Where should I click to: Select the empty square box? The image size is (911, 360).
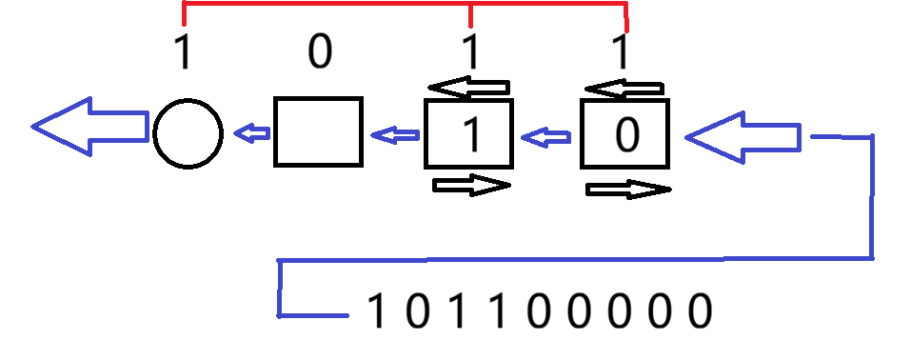[318, 98]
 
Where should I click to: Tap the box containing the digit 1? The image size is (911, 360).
[469, 100]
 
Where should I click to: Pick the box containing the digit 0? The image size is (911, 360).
[624, 100]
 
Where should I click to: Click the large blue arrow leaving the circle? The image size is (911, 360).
[90, 127]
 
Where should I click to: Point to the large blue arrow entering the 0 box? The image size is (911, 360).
[743, 137]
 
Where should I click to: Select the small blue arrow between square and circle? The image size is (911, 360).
[251, 133]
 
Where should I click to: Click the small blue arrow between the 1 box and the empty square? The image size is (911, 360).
[395, 135]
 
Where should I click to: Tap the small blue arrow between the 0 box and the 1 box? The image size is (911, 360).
[546, 137]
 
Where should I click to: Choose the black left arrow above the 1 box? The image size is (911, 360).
[468, 88]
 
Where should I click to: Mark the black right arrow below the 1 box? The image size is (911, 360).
[471, 185]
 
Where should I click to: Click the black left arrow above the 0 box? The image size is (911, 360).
[624, 89]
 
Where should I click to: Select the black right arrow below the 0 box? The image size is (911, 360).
[628, 190]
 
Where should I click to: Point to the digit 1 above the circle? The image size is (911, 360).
[183, 51]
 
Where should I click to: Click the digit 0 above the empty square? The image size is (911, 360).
[320, 51]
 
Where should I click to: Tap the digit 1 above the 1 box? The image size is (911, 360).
[471, 51]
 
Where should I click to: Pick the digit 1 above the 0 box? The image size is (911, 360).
[622, 51]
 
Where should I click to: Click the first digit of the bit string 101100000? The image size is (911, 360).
[376, 310]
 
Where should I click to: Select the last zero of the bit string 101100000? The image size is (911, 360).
[700, 310]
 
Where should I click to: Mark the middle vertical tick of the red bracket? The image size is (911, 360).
[470, 15]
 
